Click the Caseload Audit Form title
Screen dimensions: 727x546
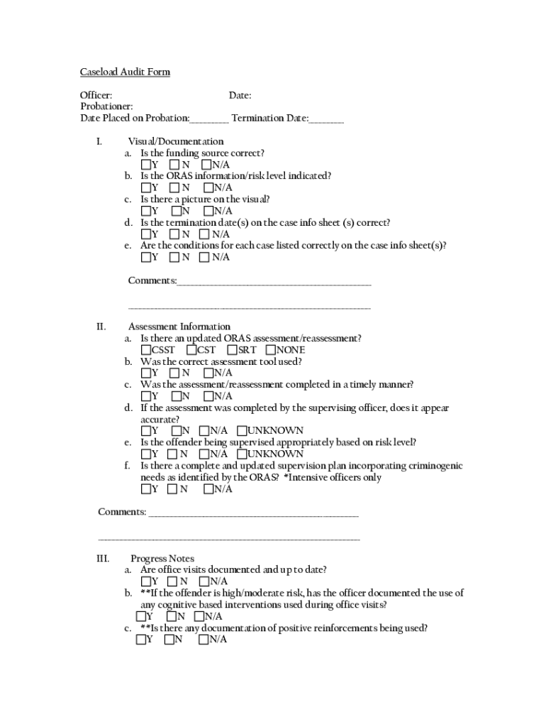[125, 72]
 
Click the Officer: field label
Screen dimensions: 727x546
[96, 96]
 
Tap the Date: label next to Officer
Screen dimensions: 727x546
[240, 96]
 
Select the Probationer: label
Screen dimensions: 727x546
[106, 107]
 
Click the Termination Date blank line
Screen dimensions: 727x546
[326, 119]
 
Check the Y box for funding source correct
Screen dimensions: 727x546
[145, 165]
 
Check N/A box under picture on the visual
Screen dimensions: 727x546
[208, 211]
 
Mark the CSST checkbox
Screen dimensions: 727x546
[145, 350]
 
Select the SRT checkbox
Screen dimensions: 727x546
[232, 350]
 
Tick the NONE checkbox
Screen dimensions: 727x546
[270, 350]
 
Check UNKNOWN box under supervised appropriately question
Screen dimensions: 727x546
[242, 454]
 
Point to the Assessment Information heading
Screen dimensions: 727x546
[179, 327]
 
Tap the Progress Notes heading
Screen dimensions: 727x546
[162, 559]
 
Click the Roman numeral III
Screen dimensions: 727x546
[103, 559]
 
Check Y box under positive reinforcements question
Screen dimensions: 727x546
[140, 640]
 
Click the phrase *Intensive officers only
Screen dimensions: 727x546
[333, 477]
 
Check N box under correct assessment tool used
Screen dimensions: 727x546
[174, 373]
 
